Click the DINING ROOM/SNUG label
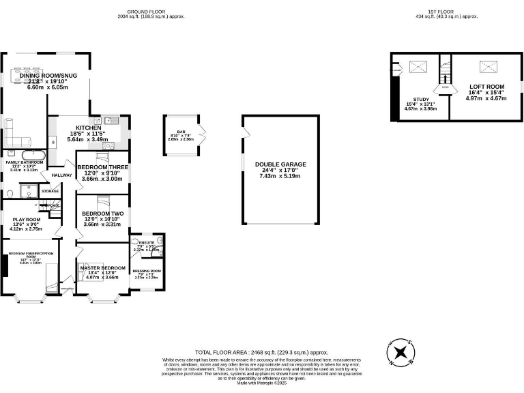(x=48, y=76)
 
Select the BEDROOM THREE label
(x=102, y=167)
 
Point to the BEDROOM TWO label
(x=102, y=214)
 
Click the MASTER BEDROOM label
(x=102, y=267)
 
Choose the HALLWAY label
(x=61, y=175)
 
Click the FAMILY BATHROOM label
(x=25, y=162)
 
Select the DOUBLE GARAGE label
(x=280, y=164)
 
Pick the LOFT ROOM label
(x=486, y=87)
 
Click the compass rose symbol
(x=400, y=353)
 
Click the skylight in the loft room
(x=486, y=66)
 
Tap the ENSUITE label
(x=146, y=242)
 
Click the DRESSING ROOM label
(x=146, y=271)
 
